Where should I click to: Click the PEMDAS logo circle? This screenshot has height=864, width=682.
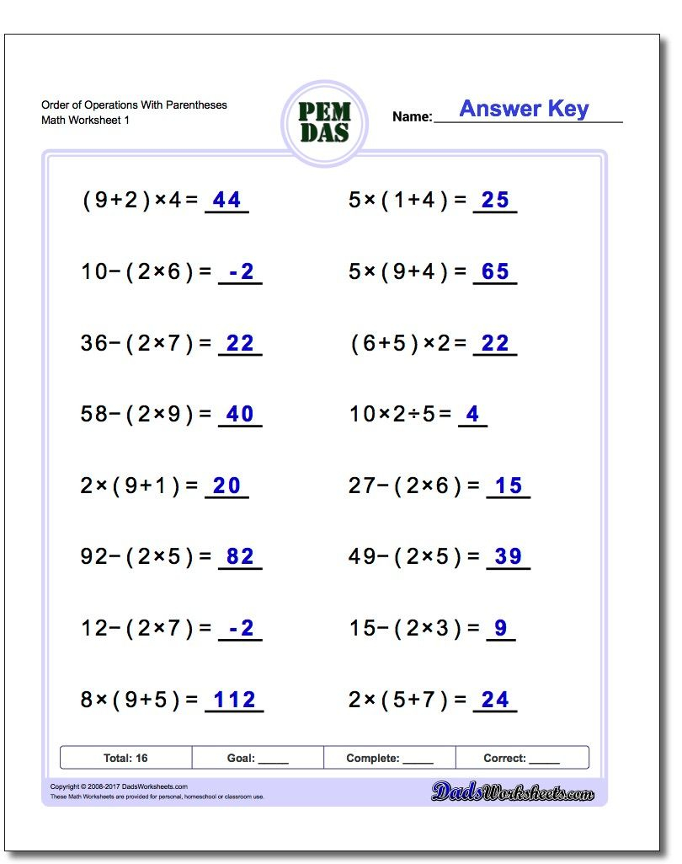click(x=324, y=123)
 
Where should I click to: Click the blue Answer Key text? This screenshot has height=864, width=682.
click(x=523, y=109)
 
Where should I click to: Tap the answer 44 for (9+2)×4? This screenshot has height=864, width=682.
click(x=226, y=200)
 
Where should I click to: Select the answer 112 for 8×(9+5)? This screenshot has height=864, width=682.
click(x=234, y=700)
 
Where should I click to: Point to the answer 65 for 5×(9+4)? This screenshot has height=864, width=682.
click(x=495, y=271)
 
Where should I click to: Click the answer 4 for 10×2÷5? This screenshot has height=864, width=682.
click(x=472, y=414)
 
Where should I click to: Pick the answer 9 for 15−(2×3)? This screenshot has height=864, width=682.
click(x=501, y=628)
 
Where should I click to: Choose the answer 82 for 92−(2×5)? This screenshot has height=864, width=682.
click(x=240, y=556)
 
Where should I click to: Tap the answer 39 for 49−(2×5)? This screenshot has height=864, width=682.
click(x=509, y=556)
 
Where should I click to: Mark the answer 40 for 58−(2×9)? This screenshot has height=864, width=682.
click(x=240, y=414)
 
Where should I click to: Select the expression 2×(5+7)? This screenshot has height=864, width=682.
click(x=399, y=700)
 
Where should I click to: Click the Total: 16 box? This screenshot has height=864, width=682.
click(x=125, y=758)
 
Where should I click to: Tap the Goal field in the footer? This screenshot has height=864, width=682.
click(x=258, y=758)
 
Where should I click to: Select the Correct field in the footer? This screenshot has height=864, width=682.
click(x=521, y=758)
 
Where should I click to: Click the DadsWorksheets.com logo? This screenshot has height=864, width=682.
click(x=513, y=792)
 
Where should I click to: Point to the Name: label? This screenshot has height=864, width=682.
click(x=412, y=117)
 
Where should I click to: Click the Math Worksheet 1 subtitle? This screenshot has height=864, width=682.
click(x=85, y=121)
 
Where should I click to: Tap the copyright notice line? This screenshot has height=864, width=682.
click(x=119, y=786)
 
